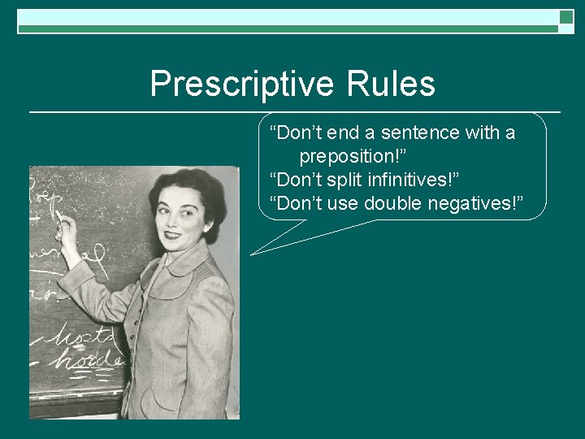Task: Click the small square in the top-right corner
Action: coord(566,17)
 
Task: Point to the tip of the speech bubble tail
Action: coord(251,254)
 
